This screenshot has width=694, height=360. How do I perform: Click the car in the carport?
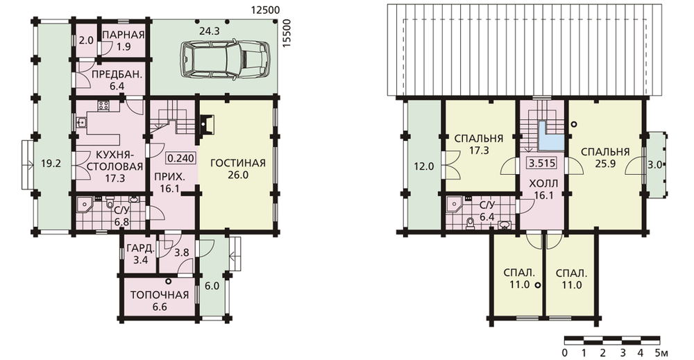[224, 60]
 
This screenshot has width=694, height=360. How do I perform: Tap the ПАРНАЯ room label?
[124, 35]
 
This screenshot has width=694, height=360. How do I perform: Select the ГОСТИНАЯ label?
[237, 163]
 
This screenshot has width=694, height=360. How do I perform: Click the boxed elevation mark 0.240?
[180, 158]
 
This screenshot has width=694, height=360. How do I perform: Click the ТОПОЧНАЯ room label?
[160, 295]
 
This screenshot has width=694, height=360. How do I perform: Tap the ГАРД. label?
[141, 248]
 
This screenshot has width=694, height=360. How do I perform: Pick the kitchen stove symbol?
[103, 105]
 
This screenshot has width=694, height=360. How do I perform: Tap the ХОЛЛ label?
[544, 183]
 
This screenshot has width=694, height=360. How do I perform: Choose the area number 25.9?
[604, 163]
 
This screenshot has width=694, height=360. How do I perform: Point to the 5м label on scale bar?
[661, 353]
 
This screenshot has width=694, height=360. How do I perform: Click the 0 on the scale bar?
[565, 353]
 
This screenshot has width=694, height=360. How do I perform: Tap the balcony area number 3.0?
[655, 165]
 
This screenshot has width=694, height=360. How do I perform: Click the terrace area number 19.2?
[51, 163]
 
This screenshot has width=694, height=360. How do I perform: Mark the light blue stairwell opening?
[550, 139]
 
